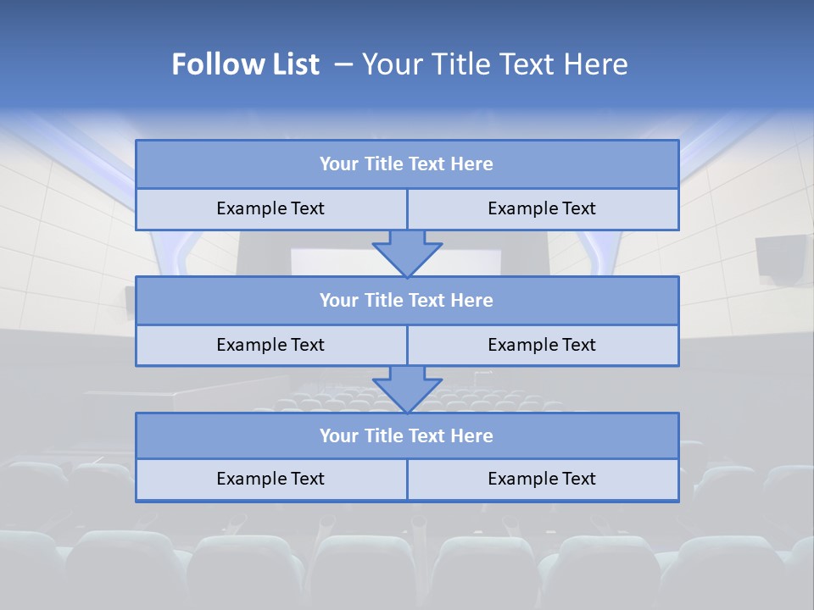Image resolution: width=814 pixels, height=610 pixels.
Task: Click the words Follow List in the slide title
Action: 245,64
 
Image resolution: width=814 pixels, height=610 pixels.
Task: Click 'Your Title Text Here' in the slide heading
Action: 494,64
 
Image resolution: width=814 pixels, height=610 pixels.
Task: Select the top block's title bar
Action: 407,164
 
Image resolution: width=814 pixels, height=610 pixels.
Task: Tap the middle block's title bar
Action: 407,301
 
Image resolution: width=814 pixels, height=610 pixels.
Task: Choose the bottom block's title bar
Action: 407,436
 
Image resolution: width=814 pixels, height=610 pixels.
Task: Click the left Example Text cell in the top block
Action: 270,209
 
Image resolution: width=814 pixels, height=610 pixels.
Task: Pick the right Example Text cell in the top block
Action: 542,209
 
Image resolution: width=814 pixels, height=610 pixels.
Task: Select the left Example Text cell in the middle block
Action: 270,346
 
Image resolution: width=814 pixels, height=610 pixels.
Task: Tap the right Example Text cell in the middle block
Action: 542,346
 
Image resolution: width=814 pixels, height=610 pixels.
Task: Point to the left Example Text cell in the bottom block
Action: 270,480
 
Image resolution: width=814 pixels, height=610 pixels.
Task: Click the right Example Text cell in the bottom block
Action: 542,480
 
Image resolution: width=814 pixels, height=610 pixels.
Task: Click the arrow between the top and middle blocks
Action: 407,252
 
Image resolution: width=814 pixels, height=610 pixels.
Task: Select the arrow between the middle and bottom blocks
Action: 407,389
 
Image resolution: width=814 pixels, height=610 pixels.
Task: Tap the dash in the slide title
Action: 344,64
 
